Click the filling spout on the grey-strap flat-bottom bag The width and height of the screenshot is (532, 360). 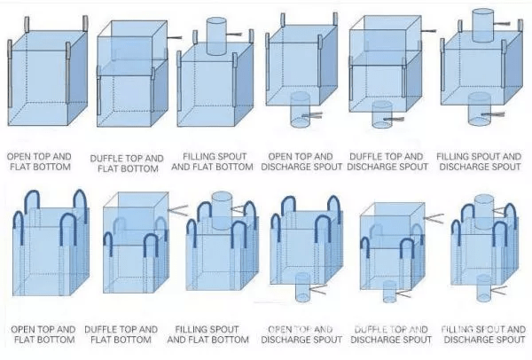coord(218,32)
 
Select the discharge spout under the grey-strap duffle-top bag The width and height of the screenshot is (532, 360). coord(382,112)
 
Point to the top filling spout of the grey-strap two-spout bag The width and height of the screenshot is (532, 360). coord(481,24)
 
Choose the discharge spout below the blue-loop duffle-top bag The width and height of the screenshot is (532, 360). coord(389,292)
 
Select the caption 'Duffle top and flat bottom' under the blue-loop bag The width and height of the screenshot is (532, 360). coord(124,334)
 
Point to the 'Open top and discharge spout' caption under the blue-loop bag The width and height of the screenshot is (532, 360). coord(304,334)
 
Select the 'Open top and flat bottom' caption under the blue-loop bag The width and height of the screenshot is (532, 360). coord(41,334)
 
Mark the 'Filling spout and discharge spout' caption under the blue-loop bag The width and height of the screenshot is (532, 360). coord(482,334)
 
